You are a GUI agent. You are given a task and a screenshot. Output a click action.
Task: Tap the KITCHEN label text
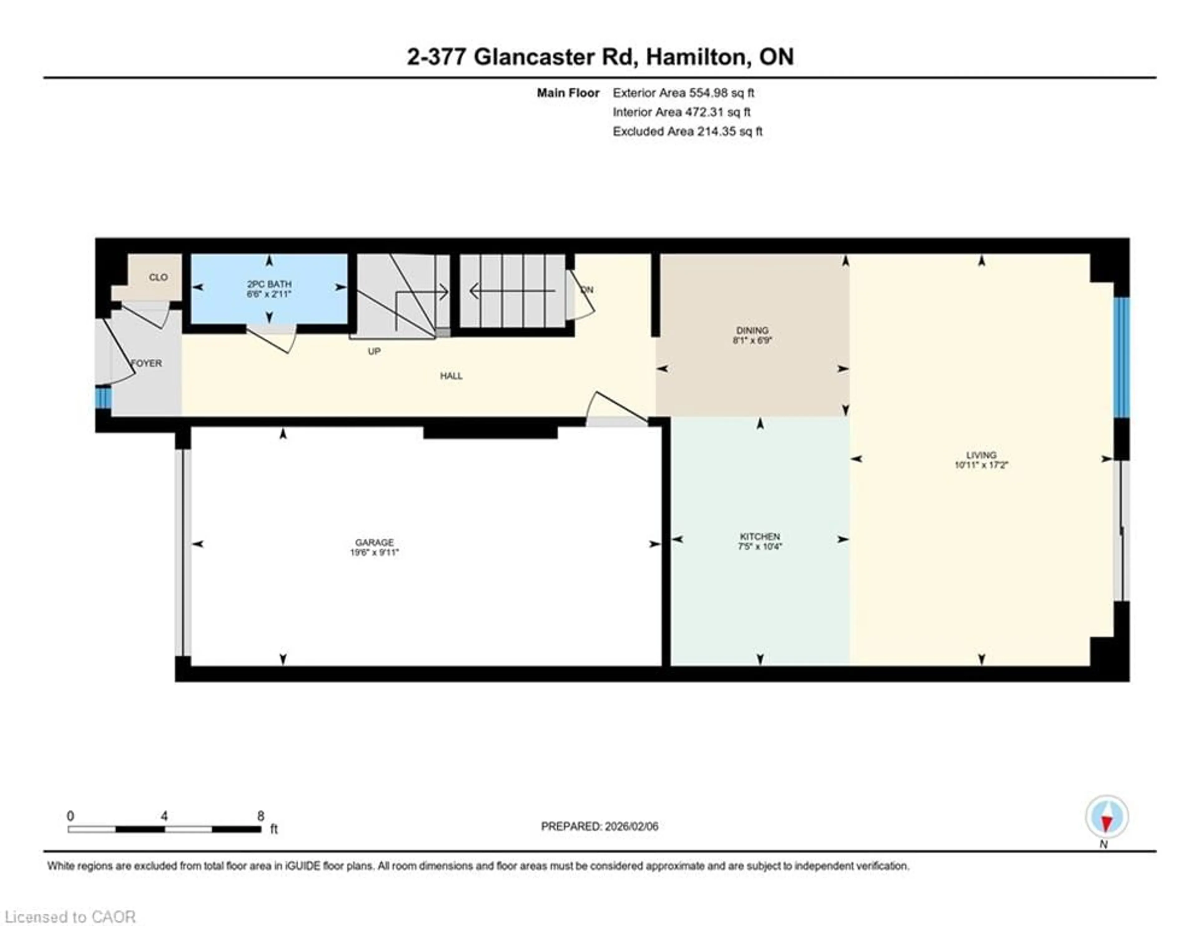point(760,536)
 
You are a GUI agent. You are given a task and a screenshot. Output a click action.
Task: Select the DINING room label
point(752,330)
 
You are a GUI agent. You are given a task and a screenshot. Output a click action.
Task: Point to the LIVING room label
point(981,455)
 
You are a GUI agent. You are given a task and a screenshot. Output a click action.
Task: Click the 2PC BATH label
point(269,284)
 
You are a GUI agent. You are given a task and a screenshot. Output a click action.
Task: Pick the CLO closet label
point(158,277)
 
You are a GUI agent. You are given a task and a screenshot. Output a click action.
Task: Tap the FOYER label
point(146,363)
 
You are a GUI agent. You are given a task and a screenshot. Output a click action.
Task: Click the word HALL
point(451,376)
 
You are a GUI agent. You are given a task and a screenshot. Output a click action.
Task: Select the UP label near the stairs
point(374,351)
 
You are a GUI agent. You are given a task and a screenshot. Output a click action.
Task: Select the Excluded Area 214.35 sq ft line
point(687,131)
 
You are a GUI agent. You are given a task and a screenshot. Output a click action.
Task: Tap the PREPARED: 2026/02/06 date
point(599,826)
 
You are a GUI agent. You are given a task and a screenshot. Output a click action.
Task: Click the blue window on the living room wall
point(1122,357)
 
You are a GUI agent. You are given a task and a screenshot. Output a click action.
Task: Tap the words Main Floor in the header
point(568,93)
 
